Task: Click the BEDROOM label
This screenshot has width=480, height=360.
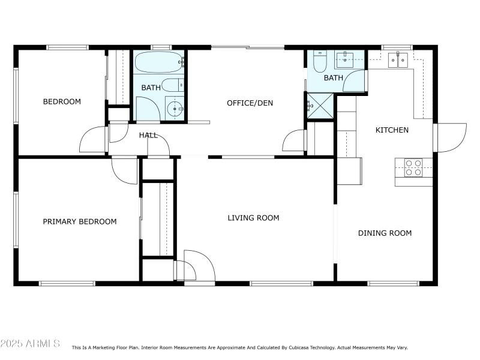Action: point(62,101)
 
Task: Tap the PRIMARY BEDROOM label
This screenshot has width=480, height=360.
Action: point(80,221)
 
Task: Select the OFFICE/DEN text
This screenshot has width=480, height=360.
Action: point(250,103)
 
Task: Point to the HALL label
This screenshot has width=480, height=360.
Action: point(148,135)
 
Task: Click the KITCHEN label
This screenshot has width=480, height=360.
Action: point(392,130)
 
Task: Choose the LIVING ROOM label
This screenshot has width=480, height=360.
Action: point(253,218)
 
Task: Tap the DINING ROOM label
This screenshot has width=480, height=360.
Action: point(385,233)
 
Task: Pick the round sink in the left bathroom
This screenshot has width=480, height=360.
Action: point(173,109)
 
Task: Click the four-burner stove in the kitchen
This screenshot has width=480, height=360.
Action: point(413,167)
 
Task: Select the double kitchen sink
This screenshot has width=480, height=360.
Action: point(398,59)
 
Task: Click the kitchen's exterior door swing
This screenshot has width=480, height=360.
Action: point(450,137)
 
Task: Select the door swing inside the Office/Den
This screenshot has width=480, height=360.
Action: point(293,141)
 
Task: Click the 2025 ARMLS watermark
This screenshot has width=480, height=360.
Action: point(30,344)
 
